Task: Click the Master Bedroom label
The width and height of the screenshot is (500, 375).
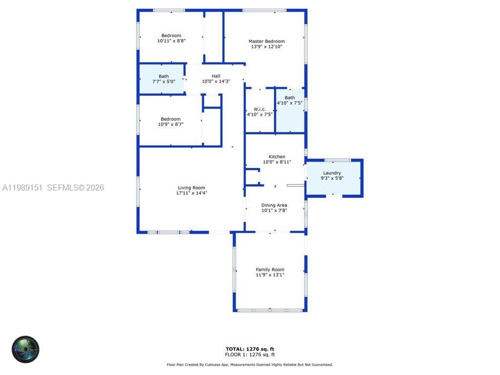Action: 266,42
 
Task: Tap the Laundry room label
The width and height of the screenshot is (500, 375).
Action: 332,173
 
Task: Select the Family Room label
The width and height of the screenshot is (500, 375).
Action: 270,270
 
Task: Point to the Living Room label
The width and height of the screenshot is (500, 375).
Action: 191,187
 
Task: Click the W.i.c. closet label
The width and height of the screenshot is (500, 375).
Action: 259,109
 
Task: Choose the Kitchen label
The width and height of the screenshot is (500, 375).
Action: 277,157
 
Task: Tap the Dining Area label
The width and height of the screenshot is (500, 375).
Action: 274,205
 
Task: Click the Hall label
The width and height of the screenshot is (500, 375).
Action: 216,76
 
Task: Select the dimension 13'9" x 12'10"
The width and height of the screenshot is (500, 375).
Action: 267,47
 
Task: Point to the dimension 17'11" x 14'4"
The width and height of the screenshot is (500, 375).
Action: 191,193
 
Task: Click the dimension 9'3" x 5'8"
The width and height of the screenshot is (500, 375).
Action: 332,178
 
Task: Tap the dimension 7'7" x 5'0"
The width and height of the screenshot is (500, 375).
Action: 164,82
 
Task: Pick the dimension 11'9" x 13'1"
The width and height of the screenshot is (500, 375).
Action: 270,275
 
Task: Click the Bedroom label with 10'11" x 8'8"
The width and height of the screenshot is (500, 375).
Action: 171,36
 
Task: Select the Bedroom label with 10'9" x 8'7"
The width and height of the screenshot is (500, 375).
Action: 171,119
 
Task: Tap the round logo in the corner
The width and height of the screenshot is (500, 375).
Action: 25,349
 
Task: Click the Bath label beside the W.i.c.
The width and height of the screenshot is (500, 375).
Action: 290,98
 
